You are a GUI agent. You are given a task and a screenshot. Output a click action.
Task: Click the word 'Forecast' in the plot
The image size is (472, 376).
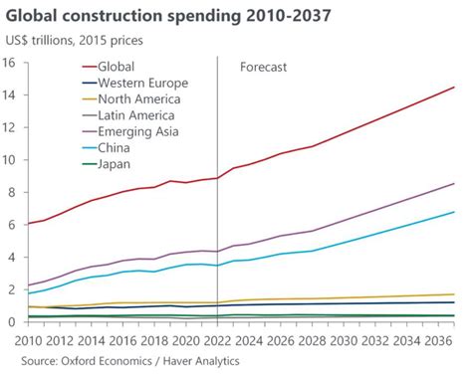(263, 68)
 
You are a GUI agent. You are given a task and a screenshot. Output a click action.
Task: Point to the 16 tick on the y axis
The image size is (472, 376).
(10, 63)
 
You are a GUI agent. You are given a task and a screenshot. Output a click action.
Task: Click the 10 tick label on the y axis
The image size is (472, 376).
(10, 159)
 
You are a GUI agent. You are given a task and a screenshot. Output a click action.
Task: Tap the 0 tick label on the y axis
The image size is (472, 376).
(13, 321)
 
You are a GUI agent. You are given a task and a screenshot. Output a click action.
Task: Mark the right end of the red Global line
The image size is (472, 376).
(455, 88)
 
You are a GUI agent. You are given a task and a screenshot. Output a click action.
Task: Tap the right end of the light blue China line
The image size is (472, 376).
(455, 212)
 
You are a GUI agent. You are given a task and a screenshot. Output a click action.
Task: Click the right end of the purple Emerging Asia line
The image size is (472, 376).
(455, 183)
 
